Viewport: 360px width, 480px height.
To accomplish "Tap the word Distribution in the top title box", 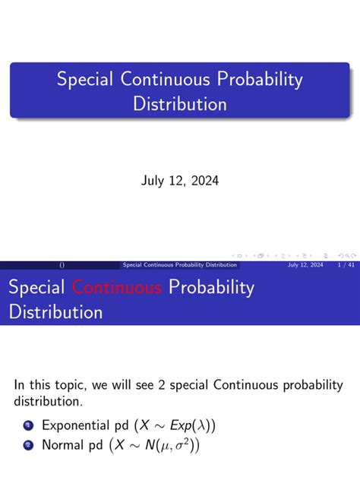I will coord(180,103).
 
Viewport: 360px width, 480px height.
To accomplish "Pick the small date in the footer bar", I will coord(305,265).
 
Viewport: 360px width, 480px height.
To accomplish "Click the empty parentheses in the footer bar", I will coord(62,265).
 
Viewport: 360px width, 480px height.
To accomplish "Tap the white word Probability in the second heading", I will coord(211,288).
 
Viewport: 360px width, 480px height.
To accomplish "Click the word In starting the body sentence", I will coord(21,384).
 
